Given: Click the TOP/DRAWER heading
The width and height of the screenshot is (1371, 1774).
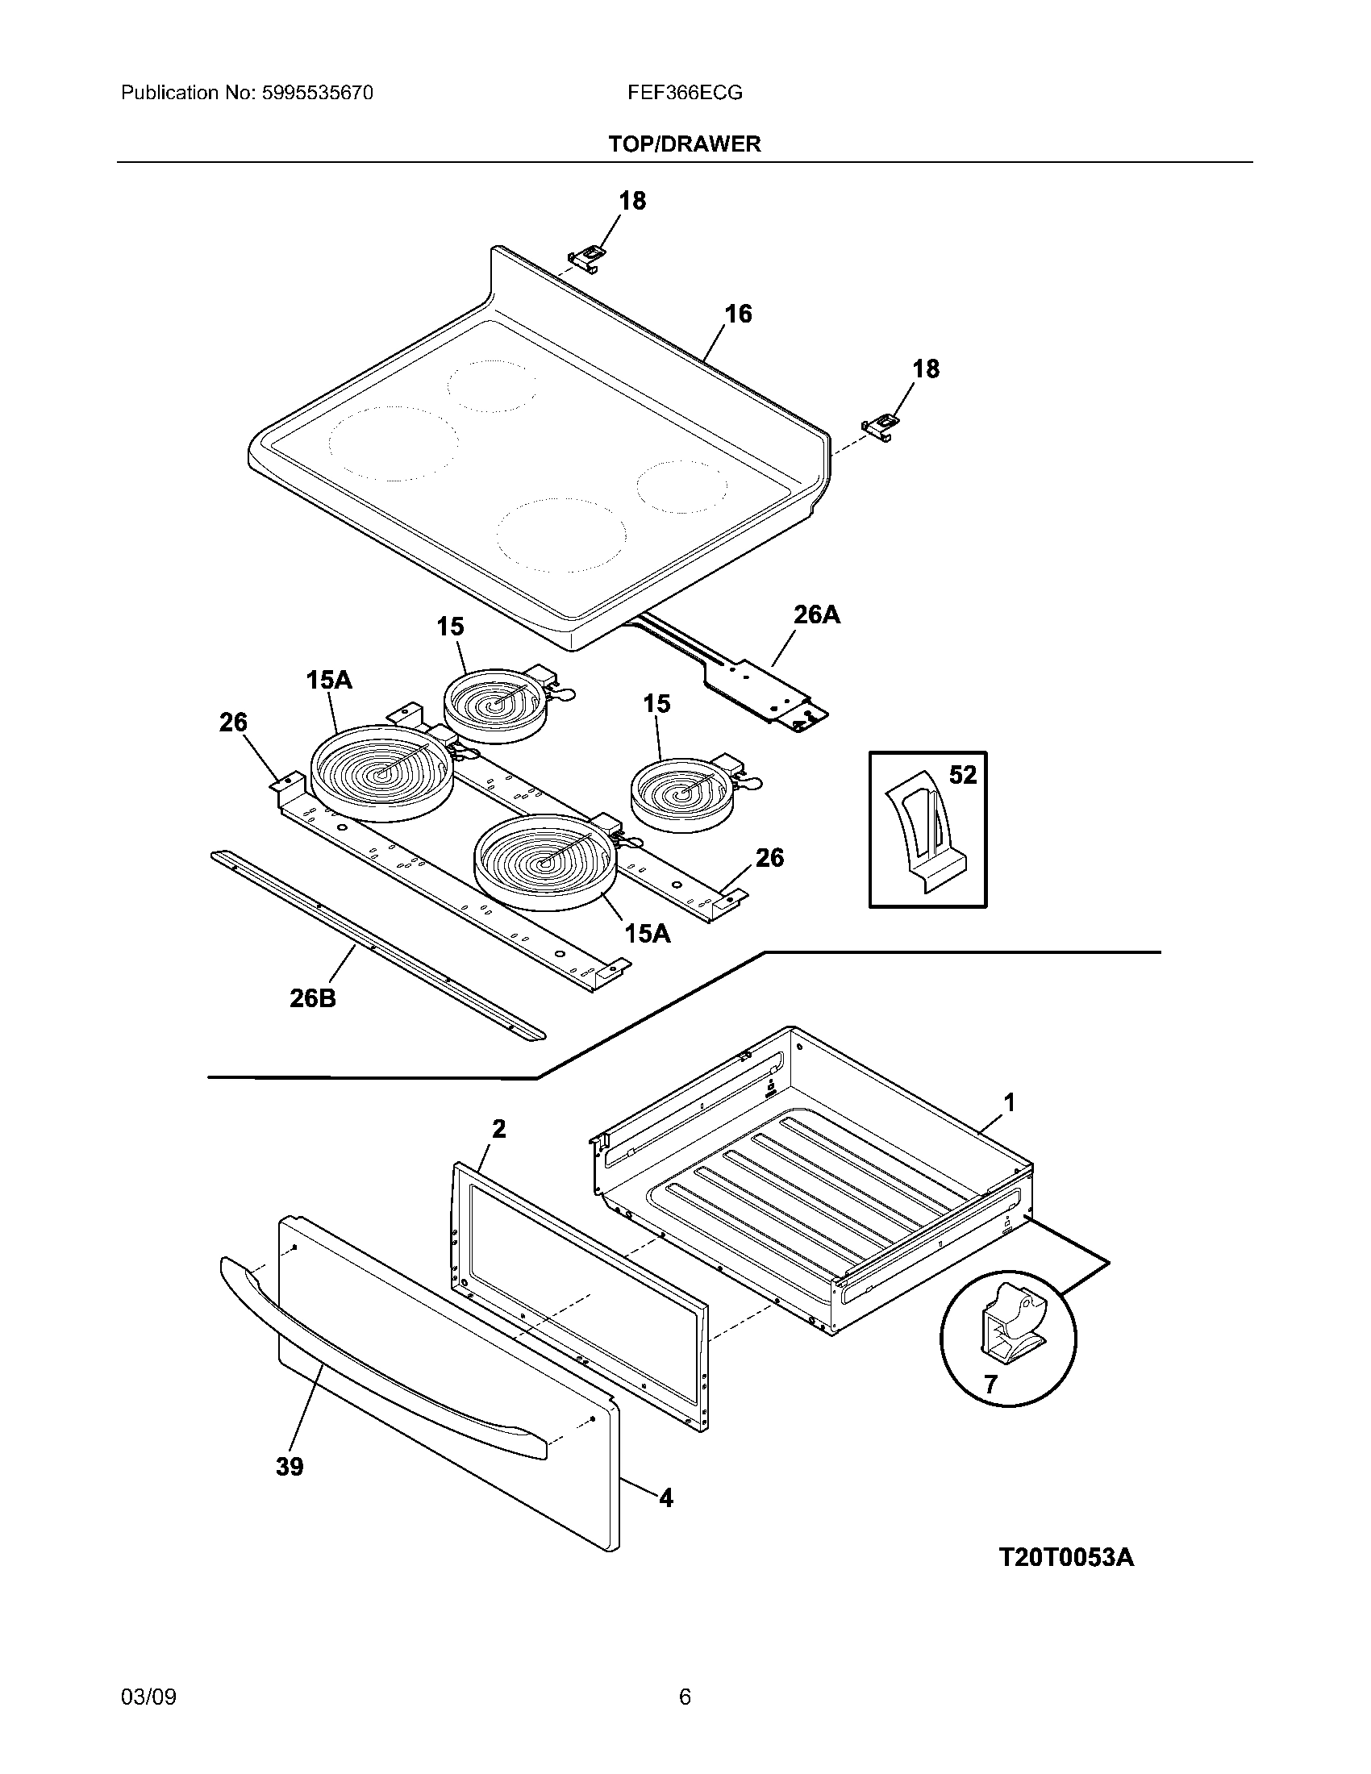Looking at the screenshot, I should coord(685,144).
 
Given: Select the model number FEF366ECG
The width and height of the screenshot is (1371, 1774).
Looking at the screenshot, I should coord(685,93).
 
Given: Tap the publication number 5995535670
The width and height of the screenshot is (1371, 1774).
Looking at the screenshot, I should coord(318,93).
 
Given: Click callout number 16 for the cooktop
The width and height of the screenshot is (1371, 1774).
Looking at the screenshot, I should coord(737,314).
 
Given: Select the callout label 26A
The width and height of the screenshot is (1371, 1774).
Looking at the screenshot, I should coord(816,615).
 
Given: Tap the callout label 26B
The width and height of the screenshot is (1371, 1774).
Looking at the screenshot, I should coord(313,998).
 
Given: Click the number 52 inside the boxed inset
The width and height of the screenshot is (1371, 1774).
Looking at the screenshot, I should coord(962,775).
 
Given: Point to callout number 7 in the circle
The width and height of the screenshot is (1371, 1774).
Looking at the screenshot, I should coord(990,1384).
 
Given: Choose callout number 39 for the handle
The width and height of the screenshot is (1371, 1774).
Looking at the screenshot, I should coord(290,1467).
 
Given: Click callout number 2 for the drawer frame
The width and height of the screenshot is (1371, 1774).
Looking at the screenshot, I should coord(498,1128).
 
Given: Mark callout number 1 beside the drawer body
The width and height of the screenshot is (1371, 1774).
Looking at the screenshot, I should coord(1009,1102).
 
